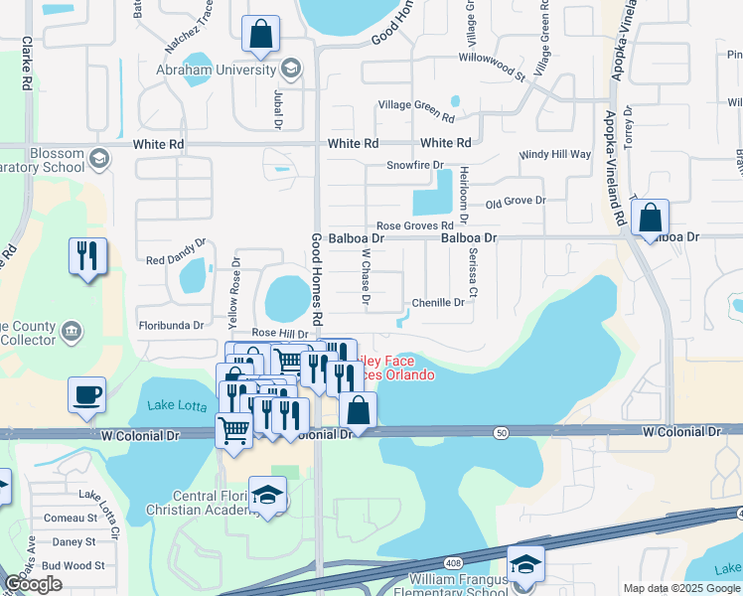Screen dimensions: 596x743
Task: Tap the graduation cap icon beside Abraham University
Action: click(x=291, y=69)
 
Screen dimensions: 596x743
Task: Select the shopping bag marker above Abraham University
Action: click(x=259, y=35)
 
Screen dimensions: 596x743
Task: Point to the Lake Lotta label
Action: click(x=176, y=405)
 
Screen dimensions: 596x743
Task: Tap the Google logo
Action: click(x=34, y=584)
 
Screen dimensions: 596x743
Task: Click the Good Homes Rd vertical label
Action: click(x=318, y=280)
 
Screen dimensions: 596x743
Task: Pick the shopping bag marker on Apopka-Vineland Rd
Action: click(x=650, y=218)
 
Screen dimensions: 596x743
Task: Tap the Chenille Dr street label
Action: click(x=438, y=302)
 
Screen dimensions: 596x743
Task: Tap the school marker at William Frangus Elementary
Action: click(x=525, y=563)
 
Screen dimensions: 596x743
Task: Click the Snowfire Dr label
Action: click(x=413, y=164)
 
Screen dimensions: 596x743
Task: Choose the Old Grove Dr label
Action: click(x=516, y=202)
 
